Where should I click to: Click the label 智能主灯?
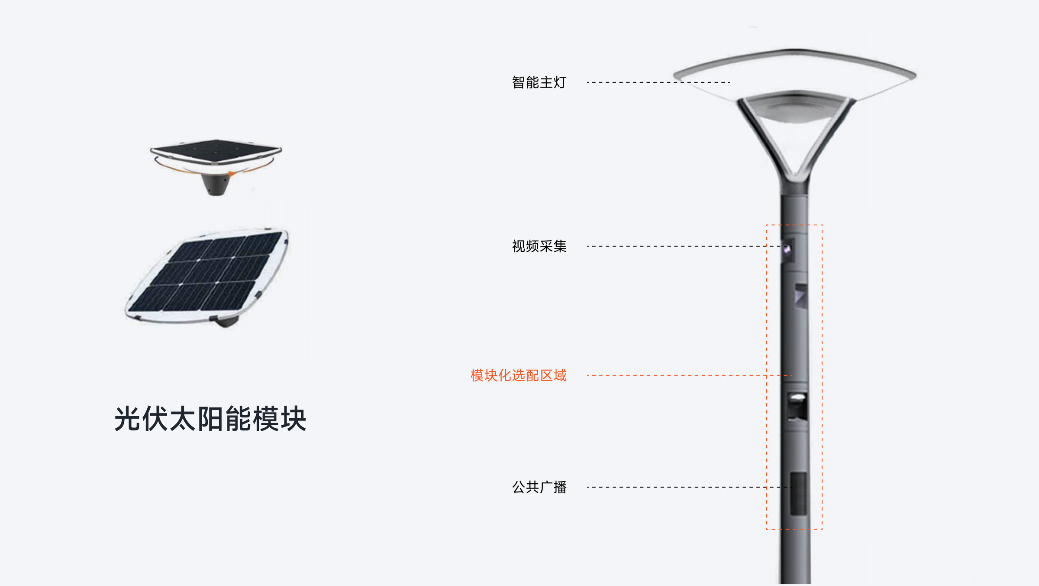coord(539,82)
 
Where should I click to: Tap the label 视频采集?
coord(539,246)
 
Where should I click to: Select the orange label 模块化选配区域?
coord(518,375)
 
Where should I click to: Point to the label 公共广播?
coord(539,487)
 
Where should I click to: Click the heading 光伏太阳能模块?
coord(210,419)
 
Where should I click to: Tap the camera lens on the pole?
coord(787,249)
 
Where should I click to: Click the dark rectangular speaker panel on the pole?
coord(799,494)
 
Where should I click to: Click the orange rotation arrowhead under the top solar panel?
coord(232,174)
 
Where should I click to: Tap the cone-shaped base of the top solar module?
coord(216,184)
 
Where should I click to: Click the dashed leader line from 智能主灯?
coord(658,82)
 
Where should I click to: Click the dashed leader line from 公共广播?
coord(689,487)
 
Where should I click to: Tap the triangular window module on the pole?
coord(801,296)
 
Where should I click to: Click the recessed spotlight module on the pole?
coord(797,407)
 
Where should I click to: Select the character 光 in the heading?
coord(127,419)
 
